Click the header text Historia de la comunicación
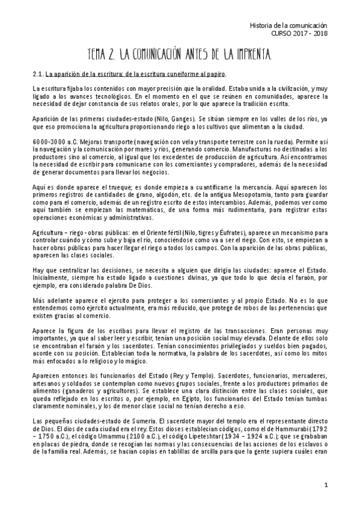[x=288, y=26]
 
